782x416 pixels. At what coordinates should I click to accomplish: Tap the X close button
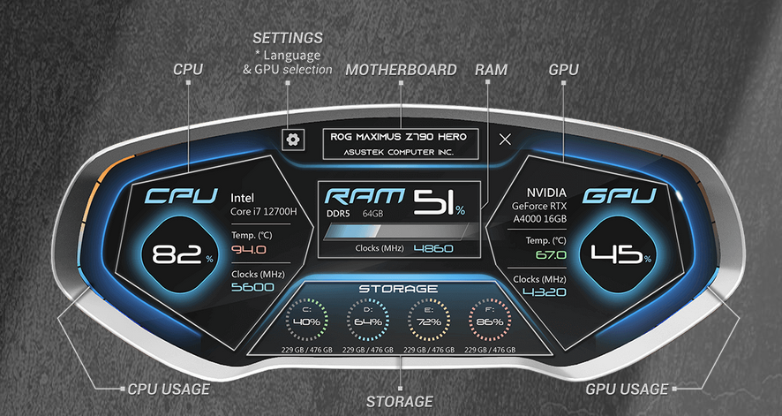tap(505, 139)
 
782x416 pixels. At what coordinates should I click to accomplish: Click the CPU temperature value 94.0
tap(249, 249)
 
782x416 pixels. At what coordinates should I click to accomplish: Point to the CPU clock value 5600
tap(252, 287)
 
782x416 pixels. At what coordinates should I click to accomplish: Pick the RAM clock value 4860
tap(432, 249)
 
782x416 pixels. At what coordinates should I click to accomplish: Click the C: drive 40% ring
tap(306, 321)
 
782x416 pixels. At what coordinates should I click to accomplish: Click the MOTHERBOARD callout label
tap(401, 69)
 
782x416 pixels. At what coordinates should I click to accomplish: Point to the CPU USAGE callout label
tap(169, 388)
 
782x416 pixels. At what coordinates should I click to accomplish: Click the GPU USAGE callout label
tap(627, 388)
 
